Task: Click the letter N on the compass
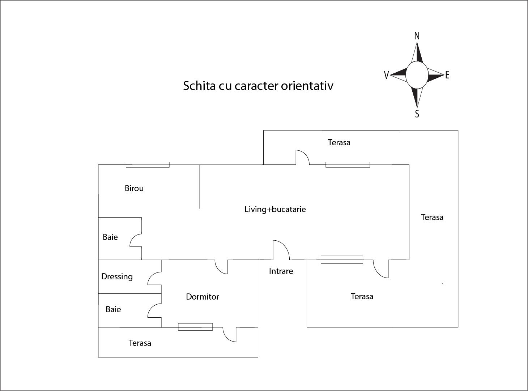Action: click(x=417, y=36)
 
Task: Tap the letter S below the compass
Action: click(x=417, y=114)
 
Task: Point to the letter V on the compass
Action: click(x=386, y=75)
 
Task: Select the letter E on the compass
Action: click(x=447, y=75)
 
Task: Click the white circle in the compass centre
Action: click(x=417, y=75)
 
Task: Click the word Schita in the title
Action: click(x=200, y=86)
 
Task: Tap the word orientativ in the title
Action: click(x=307, y=86)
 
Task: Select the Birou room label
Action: click(x=134, y=188)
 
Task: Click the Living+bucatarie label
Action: click(x=275, y=209)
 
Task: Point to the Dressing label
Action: click(x=117, y=276)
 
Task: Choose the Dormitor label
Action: click(x=203, y=297)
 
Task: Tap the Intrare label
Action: click(x=281, y=271)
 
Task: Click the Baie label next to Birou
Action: click(x=110, y=237)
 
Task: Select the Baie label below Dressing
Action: click(x=113, y=309)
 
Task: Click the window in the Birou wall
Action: click(x=148, y=165)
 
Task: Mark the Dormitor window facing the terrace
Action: click(x=195, y=327)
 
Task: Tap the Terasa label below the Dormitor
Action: click(x=140, y=343)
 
